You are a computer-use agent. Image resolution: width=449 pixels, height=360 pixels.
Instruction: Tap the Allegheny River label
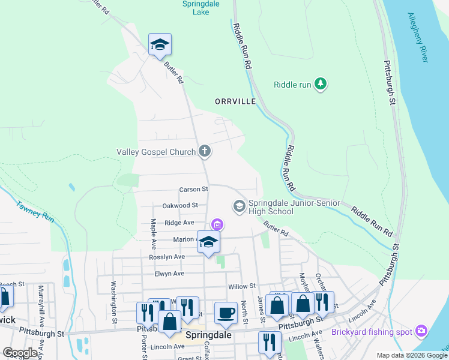[x=418, y=37]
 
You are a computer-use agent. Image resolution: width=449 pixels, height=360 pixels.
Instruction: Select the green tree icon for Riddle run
[x=321, y=85]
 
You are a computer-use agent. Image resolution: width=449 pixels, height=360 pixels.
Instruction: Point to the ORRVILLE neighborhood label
[x=235, y=102]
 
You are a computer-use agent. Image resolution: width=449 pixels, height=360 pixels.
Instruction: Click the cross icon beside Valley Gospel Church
[x=205, y=152]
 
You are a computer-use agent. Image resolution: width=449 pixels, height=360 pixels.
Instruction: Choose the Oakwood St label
[x=180, y=205]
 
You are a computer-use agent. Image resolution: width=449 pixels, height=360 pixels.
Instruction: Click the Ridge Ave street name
[x=179, y=222]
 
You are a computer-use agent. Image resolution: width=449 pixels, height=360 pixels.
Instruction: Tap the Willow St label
[x=242, y=286]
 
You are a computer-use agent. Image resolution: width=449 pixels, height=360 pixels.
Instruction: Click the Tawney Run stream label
[x=35, y=211]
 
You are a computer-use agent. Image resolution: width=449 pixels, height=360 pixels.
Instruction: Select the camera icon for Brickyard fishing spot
[x=421, y=331]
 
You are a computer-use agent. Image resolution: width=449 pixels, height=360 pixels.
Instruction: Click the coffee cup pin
[x=226, y=312]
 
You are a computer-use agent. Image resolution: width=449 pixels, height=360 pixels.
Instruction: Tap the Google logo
[x=20, y=353]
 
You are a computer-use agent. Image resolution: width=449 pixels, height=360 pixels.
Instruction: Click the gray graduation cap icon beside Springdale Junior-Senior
[x=239, y=207]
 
